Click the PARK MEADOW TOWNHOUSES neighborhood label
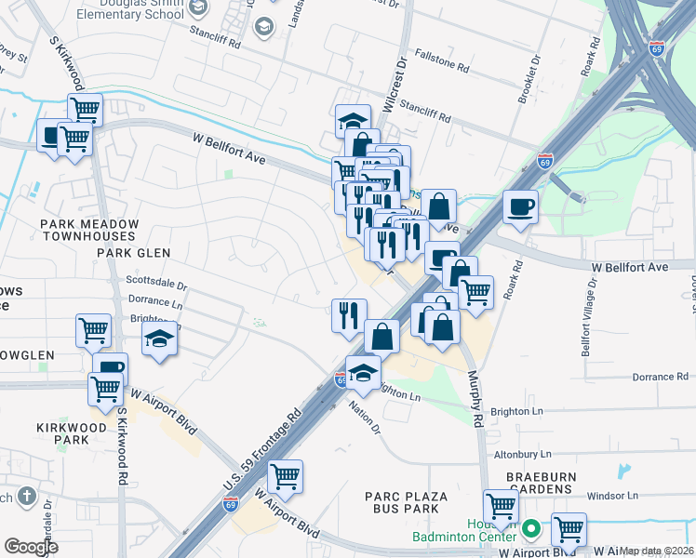pyautogui.click(x=89, y=232)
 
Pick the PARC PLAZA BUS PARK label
pyautogui.click(x=408, y=503)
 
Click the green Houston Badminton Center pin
pyautogui.click(x=531, y=530)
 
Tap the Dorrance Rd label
pyautogui.click(x=659, y=378)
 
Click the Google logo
pyautogui.click(x=32, y=547)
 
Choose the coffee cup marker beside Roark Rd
pyautogui.click(x=519, y=207)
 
